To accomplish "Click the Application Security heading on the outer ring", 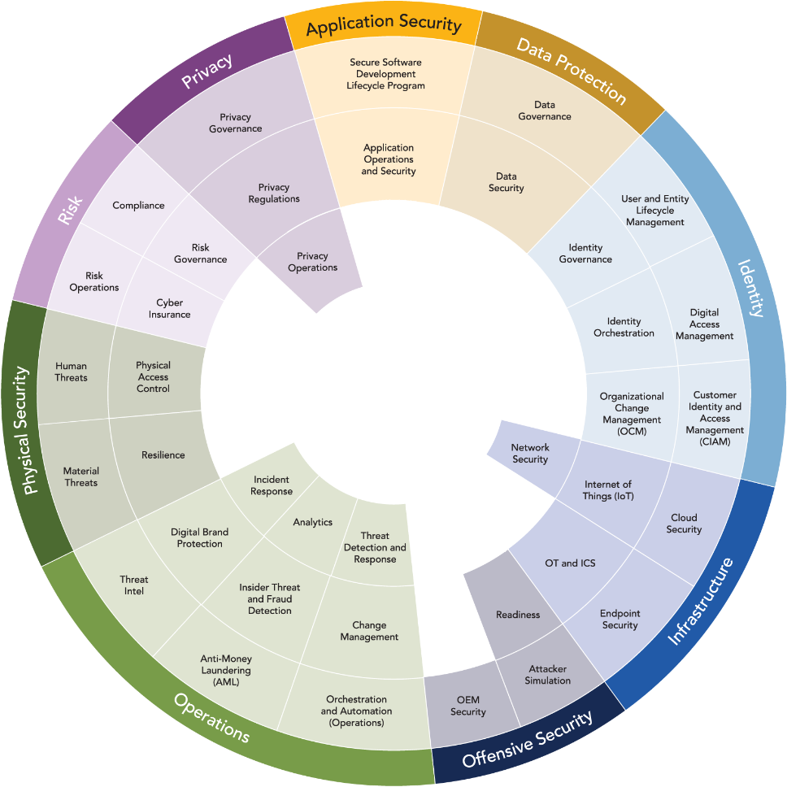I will tap(383, 26).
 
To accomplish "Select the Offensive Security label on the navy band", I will tap(528, 738).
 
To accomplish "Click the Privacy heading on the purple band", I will tap(207, 71).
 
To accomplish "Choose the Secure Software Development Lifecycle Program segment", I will tap(385, 74).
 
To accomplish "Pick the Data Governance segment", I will tap(544, 111).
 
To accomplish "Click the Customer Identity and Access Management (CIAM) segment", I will tap(715, 418).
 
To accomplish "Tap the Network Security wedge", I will tap(530, 453).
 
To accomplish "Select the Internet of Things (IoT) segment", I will tap(607, 490).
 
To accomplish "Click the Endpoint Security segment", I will tap(620, 619).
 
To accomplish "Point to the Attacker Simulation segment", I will tap(547, 674).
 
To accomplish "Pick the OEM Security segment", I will tap(467, 706).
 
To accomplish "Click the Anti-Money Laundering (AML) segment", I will tap(226, 670).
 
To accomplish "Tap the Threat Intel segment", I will tap(134, 585).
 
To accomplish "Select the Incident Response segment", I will tap(272, 485).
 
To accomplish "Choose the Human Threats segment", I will tap(71, 372).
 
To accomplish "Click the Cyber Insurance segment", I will tap(169, 309).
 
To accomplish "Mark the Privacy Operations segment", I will tap(312, 262).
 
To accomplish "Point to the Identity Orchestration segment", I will tap(624, 327).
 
